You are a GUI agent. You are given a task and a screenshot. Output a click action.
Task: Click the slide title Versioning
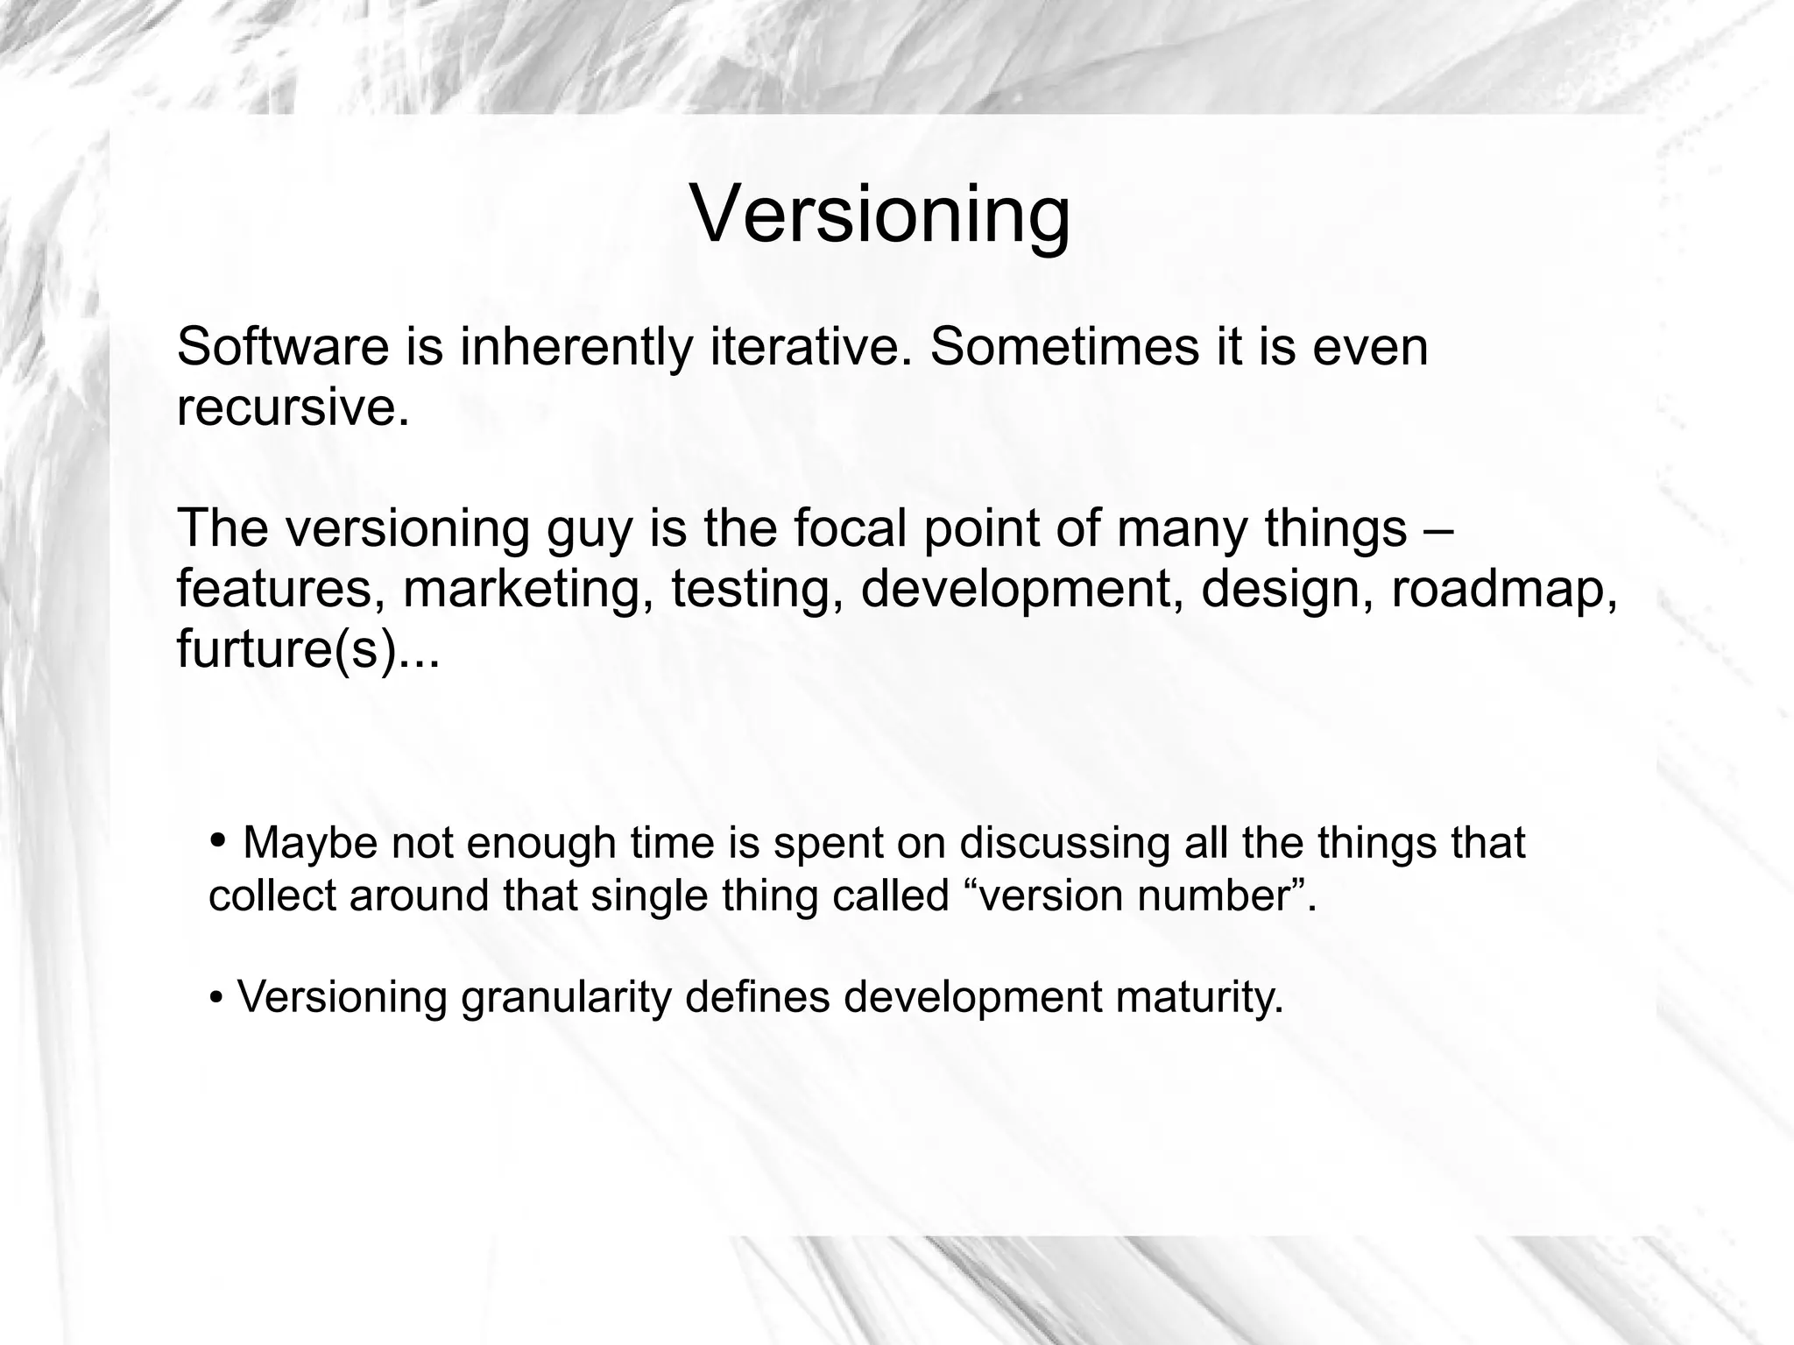[x=880, y=215]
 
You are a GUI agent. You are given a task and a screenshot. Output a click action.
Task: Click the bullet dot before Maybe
[x=218, y=840]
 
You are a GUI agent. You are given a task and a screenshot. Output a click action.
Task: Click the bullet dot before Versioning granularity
[x=215, y=997]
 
